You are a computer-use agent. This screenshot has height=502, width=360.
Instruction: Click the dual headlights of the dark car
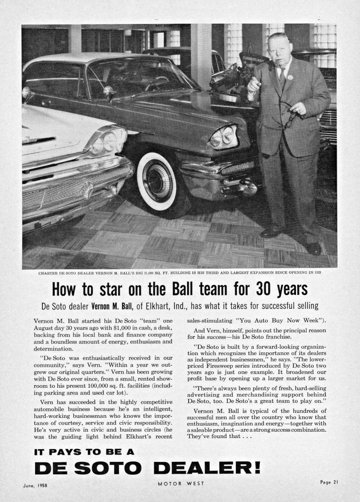click(223, 137)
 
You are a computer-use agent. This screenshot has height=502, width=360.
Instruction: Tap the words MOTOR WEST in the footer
click(181, 484)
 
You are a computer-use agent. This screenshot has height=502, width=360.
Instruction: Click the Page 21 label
click(329, 482)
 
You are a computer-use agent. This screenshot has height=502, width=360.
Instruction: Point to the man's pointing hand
click(254, 83)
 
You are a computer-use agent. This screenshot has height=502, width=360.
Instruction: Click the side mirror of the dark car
click(109, 91)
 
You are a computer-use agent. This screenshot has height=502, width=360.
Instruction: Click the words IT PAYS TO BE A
click(84, 452)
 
